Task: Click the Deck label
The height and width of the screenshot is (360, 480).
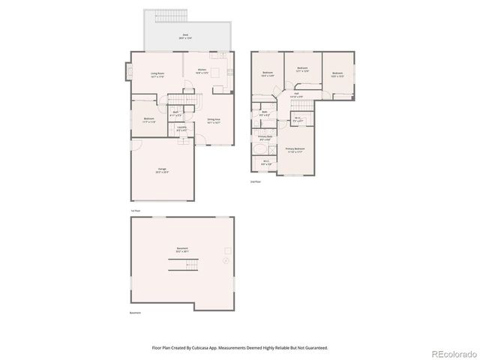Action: tap(185, 35)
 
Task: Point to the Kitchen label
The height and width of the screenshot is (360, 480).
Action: tap(202, 71)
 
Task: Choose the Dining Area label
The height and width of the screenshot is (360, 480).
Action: tap(214, 119)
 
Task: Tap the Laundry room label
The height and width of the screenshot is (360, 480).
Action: tap(182, 128)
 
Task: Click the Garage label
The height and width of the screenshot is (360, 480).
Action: tap(162, 170)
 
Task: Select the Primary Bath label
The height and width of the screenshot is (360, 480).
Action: tap(265, 137)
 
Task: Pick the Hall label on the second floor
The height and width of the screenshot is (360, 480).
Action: tap(296, 95)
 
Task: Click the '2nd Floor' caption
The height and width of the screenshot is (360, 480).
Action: tap(256, 181)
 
